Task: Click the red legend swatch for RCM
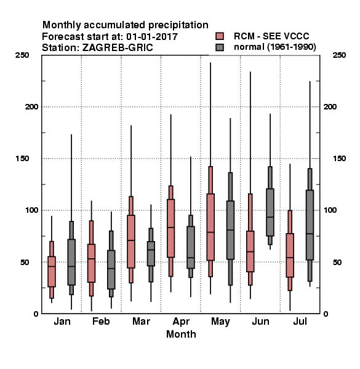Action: tap(220, 36)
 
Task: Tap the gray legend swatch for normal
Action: tap(220, 47)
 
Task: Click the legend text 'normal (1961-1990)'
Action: tap(274, 47)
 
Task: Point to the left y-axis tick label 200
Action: tap(31, 106)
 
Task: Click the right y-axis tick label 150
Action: tap(339, 159)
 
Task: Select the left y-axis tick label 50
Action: tap(25, 262)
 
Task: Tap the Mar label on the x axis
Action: tap(141, 321)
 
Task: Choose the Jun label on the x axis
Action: tap(260, 321)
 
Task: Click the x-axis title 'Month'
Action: tap(181, 334)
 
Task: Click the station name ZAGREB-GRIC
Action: tap(118, 48)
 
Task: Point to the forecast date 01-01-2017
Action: tap(152, 37)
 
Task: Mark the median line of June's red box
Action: tap(250, 252)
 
